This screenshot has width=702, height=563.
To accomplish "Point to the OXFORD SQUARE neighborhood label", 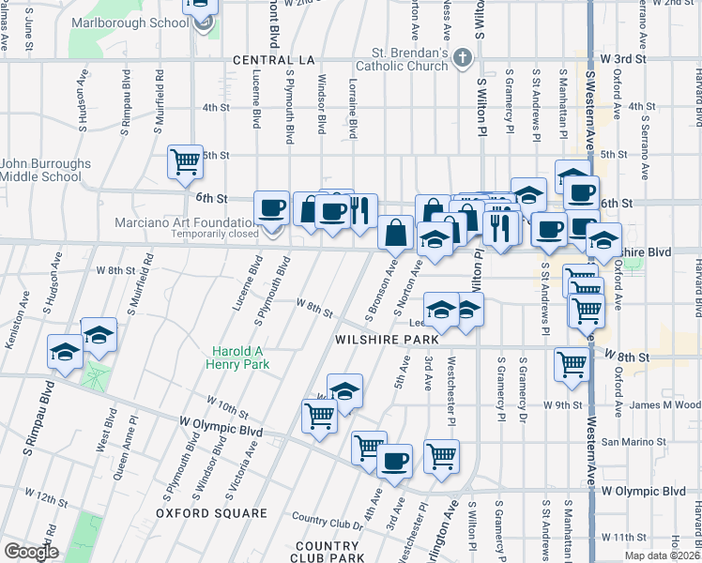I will (211, 513).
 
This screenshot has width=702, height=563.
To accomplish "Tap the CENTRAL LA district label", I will (272, 60).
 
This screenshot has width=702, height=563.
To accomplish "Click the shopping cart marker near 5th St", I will (185, 161).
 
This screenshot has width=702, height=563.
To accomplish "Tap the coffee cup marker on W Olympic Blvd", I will (395, 461).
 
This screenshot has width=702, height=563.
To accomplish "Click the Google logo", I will (31, 552).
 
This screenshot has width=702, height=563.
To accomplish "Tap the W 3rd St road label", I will (626, 58).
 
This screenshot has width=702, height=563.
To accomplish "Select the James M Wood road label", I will (666, 404).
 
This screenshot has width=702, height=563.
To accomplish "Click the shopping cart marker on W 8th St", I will (571, 366).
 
